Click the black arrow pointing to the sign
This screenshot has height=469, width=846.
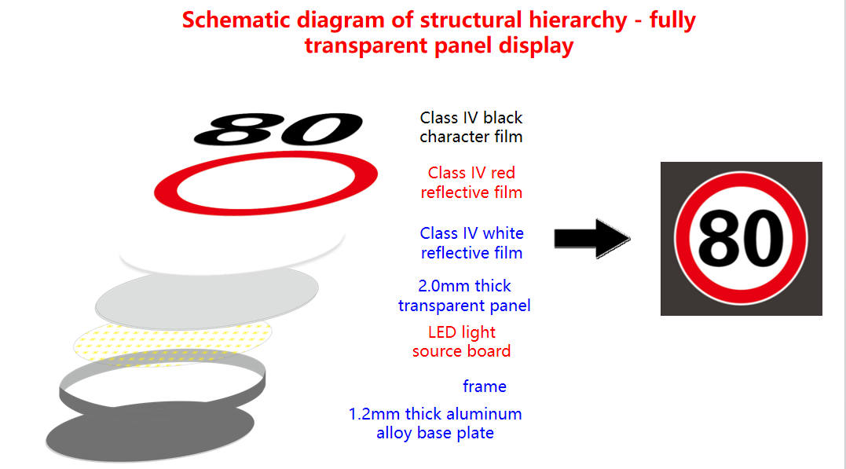coord(592,239)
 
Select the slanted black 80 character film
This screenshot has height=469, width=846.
coord(278,130)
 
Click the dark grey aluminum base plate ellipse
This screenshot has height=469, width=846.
coord(150,432)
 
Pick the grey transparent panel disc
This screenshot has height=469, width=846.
coord(207,299)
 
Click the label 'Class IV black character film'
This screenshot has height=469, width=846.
coord(471,126)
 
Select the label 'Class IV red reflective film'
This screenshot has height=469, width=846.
coord(471,182)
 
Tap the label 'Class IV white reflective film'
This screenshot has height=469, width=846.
coord(471,243)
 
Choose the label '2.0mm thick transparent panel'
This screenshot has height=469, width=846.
coord(464,295)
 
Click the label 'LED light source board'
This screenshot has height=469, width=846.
coord(461,341)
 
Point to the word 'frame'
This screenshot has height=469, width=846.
coord(485,387)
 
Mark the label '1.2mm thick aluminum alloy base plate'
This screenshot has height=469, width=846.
coord(435,423)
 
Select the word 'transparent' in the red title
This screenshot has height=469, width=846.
coord(366,46)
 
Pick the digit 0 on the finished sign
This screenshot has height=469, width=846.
coord(764,239)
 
